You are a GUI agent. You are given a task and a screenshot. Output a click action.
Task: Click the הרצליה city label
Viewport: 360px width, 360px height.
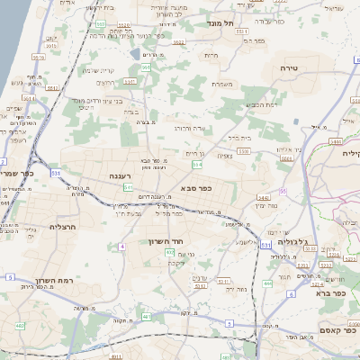click(x=65, y=227)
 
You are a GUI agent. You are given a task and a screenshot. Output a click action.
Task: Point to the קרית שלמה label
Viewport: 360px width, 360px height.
click(x=100, y=71)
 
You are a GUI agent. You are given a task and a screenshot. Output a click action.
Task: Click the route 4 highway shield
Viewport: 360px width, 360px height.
click(x=121, y=246)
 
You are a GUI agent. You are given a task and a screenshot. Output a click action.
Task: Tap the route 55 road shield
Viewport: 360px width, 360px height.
click(x=283, y=191)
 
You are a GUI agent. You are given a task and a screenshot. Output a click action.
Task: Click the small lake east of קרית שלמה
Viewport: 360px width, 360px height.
click(x=135, y=54)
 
